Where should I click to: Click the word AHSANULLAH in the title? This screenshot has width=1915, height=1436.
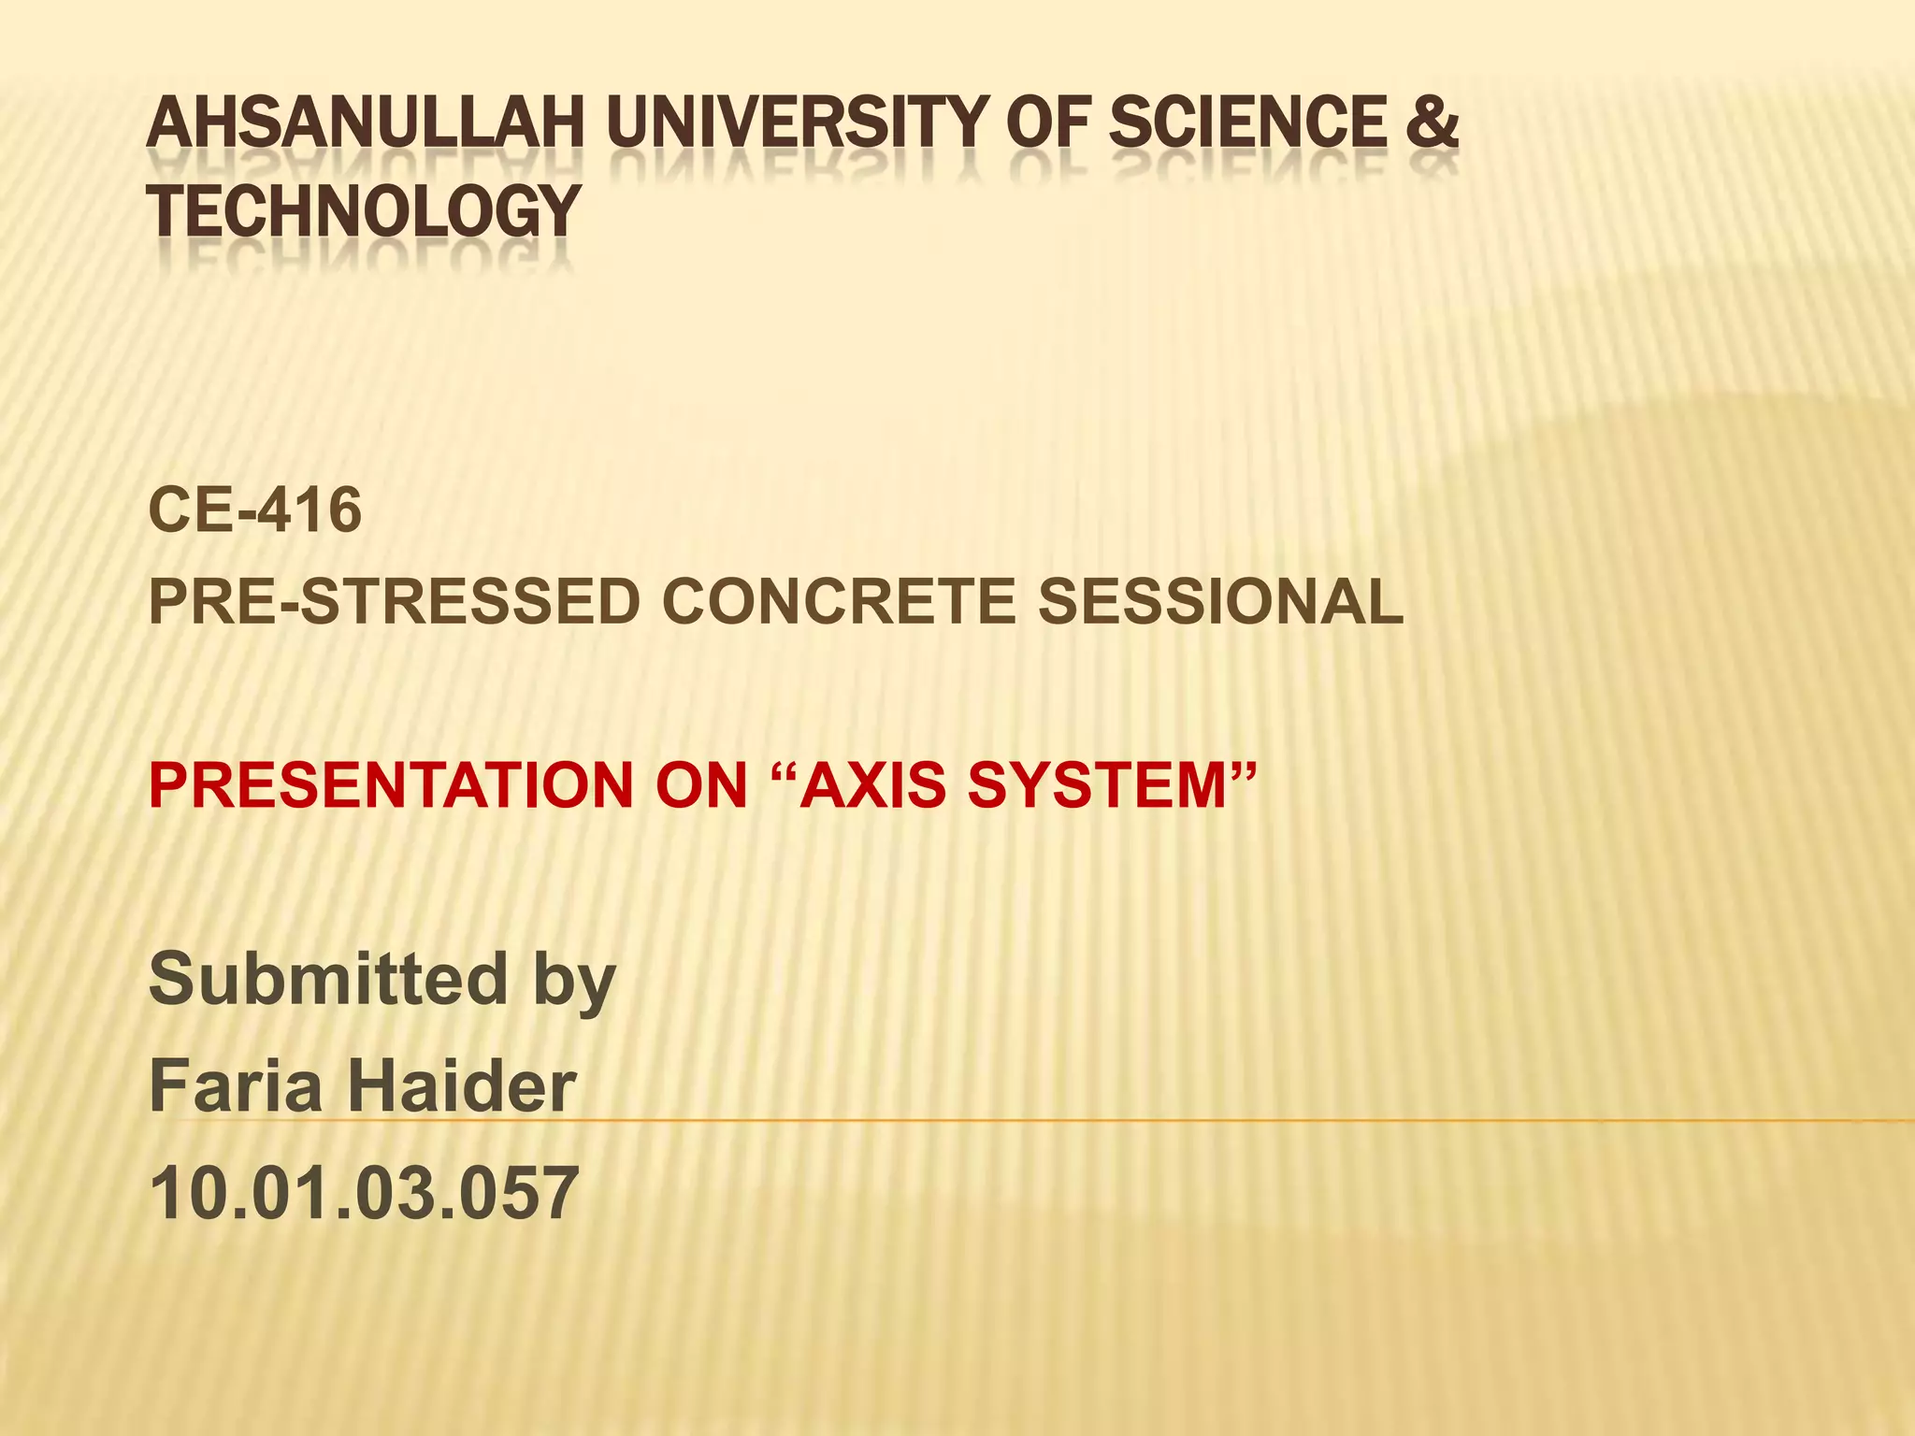coord(366,123)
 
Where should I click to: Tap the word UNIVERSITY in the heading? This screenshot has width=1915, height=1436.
coord(799,123)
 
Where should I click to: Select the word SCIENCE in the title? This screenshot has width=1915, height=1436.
coord(1247,123)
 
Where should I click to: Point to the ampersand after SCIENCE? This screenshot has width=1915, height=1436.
coord(1431,123)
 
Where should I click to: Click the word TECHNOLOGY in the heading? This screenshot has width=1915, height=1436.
coord(364,211)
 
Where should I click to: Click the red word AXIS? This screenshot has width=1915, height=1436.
coord(873,785)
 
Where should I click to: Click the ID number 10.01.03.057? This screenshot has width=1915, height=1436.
coord(364,1193)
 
